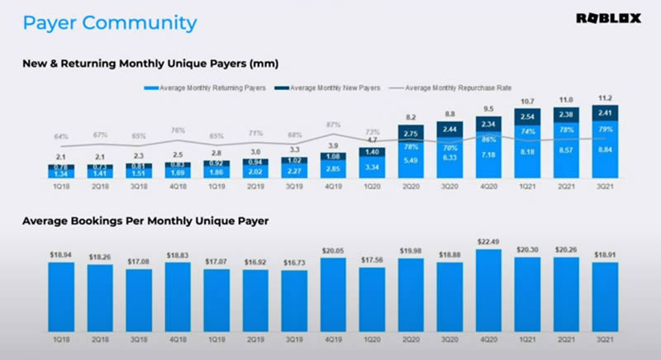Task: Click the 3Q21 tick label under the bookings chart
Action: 606,339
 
